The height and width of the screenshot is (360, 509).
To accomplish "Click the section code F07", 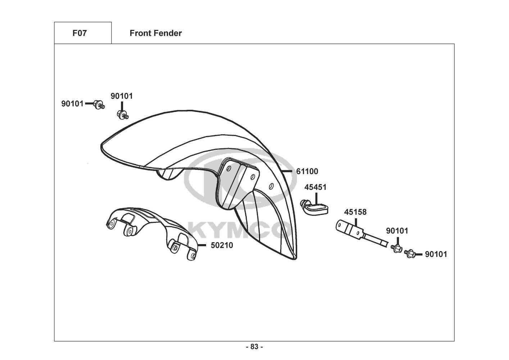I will [79, 33].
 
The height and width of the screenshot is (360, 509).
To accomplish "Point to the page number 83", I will [254, 347].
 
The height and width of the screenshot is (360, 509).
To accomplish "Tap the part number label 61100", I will [307, 171].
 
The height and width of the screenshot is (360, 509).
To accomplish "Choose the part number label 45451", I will [315, 187].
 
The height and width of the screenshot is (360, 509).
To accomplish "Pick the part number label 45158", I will [355, 212].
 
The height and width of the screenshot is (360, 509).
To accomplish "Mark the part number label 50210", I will [222, 245].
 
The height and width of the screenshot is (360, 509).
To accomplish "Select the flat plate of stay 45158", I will [349, 229].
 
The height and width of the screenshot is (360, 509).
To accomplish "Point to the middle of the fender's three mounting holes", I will [253, 177].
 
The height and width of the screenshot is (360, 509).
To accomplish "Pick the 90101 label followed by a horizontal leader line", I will [72, 104].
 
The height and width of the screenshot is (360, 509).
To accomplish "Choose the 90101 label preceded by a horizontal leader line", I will [436, 254].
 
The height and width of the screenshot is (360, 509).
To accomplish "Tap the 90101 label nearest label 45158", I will [397, 231].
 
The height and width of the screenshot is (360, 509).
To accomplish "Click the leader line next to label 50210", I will [203, 245].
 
